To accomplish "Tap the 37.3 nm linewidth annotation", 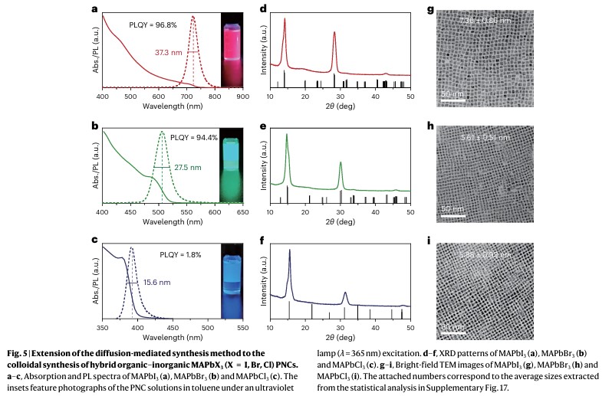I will coord(166,52).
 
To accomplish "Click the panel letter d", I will coord(262,9).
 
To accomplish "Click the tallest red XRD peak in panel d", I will coord(285,20).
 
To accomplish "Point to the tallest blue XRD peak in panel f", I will coord(289,250).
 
